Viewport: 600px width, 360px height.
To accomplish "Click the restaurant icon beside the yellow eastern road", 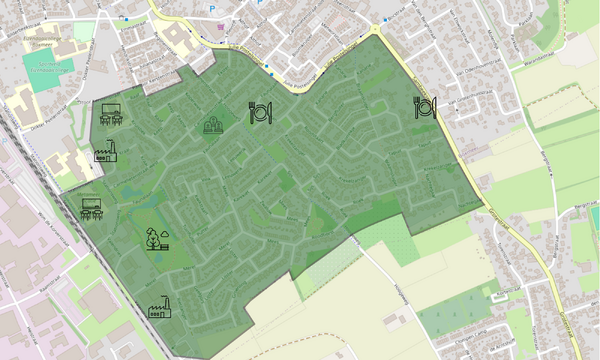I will pyautogui.click(x=424, y=107).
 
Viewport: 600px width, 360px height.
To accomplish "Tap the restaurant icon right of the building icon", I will pyautogui.click(x=260, y=112).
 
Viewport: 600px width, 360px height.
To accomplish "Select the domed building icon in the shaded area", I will pyautogui.click(x=213, y=125).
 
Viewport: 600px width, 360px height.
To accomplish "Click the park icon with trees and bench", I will pyautogui.click(x=155, y=238).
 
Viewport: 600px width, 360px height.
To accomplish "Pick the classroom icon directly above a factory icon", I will pyautogui.click(x=110, y=114).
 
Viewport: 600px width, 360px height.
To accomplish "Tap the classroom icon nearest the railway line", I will pyautogui.click(x=93, y=208).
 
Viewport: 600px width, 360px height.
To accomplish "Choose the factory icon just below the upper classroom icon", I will pyautogui.click(x=106, y=152).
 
